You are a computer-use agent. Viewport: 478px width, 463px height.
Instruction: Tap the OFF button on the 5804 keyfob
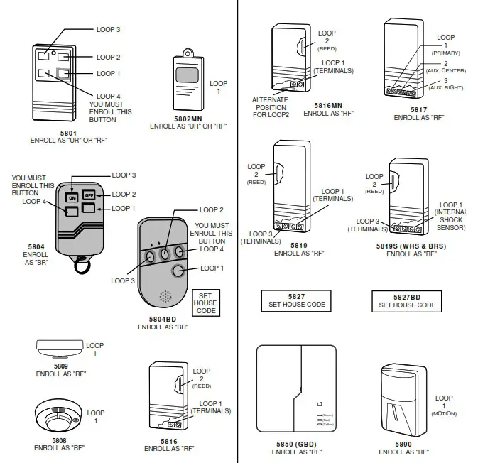pyautogui.click(x=89, y=195)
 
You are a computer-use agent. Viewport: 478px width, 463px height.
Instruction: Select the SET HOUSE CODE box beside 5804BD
pyautogui.click(x=205, y=303)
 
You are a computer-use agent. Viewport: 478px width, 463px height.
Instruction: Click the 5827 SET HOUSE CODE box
pyautogui.click(x=297, y=300)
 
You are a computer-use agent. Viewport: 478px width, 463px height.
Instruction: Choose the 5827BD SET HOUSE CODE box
pyautogui.click(x=407, y=300)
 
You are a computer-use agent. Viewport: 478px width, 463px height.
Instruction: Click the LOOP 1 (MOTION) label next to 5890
pyautogui.click(x=444, y=405)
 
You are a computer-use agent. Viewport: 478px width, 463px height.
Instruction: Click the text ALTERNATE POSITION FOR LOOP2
pyautogui.click(x=270, y=107)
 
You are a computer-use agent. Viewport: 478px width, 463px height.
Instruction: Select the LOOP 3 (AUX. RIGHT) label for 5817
pyautogui.click(x=446, y=84)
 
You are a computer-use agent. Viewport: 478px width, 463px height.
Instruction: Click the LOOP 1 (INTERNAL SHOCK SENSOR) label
pyautogui.click(x=450, y=215)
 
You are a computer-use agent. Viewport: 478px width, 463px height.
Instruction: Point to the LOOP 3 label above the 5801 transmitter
pyautogui.click(x=108, y=30)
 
